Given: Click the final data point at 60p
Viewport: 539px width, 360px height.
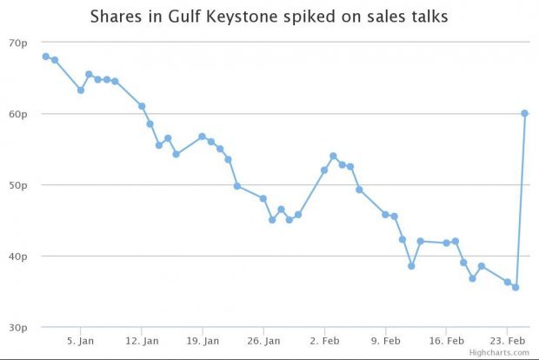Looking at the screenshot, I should click(525, 113).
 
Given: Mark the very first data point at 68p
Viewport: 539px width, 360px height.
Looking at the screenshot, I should click(45, 57).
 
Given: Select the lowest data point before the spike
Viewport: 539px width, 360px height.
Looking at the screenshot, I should click(516, 287).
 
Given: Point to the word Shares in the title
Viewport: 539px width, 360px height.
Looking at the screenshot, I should click(115, 17).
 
